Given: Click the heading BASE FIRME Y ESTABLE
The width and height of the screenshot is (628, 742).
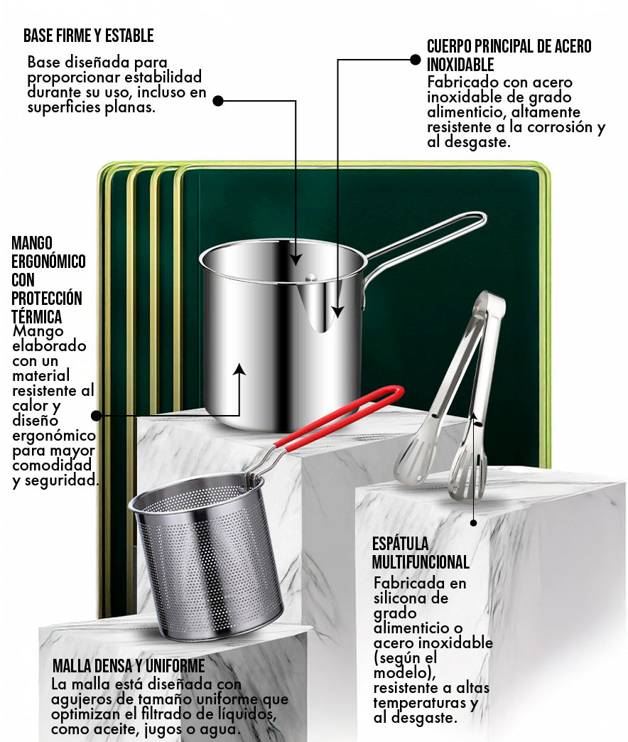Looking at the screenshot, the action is point(88,36).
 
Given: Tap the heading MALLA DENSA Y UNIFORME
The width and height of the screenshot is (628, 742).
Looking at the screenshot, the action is point(129,666).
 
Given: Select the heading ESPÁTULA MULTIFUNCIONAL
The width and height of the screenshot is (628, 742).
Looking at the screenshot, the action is point(421,553).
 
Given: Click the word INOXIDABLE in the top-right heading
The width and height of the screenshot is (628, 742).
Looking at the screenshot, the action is point(460,65).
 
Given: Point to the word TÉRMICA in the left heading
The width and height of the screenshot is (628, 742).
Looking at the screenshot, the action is point(36,316).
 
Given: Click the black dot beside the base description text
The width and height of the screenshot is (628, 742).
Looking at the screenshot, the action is point(218,101).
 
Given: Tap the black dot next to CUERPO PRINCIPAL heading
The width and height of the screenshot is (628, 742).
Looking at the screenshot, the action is point(415,60).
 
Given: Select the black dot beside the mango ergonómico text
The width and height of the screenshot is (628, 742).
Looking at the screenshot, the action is point(97,416).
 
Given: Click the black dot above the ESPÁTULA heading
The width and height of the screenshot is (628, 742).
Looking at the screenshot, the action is point(473,523).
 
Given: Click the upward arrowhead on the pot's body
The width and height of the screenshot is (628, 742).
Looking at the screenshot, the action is point(239,369).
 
